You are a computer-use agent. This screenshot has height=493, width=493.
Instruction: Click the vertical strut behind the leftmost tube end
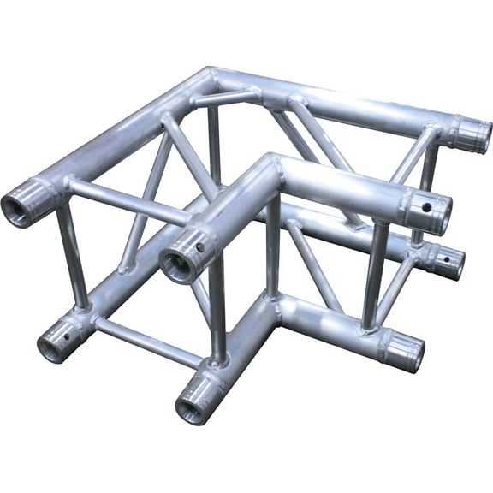71,257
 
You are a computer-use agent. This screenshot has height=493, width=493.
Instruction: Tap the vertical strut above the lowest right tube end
375,274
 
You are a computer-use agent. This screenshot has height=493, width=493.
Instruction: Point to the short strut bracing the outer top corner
224,97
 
